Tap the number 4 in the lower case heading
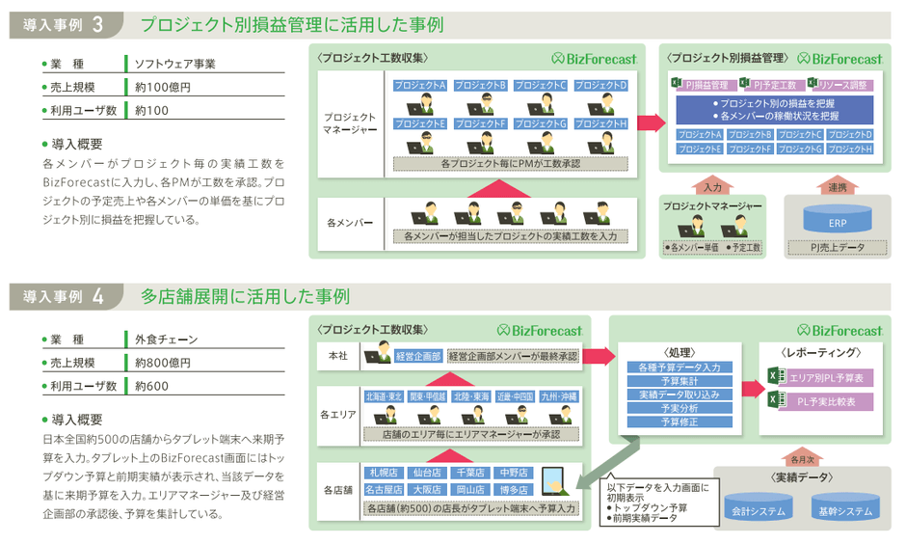(x=98, y=296)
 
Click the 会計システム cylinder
(x=758, y=510)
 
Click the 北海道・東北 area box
(x=384, y=396)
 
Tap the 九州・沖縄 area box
(x=558, y=396)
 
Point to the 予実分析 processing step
(x=679, y=408)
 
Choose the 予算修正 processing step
(x=679, y=422)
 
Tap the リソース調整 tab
(x=844, y=85)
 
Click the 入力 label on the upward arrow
(x=712, y=187)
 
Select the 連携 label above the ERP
(x=837, y=187)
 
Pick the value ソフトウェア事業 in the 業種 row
(x=174, y=64)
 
